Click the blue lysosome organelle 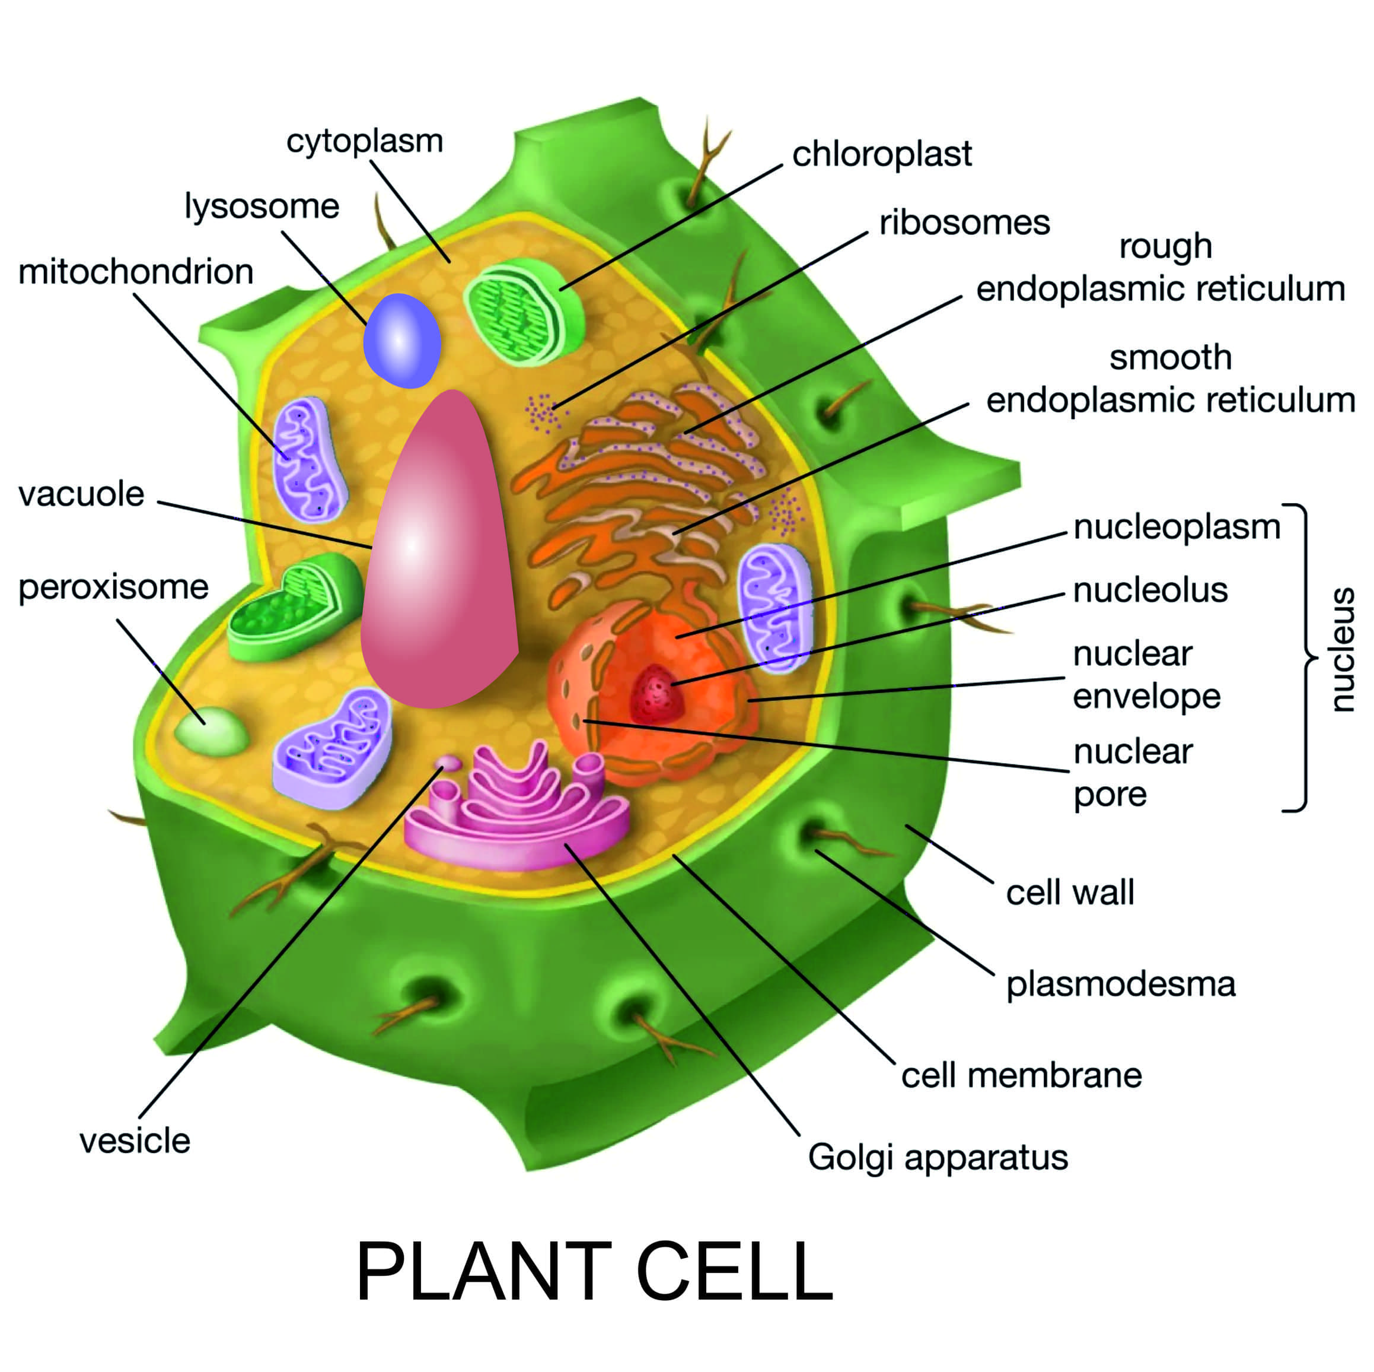pos(402,340)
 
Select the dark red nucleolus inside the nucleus pos(657,693)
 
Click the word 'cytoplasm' pos(364,141)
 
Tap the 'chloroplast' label pos(881,154)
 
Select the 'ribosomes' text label pos(964,223)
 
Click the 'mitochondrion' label pos(136,272)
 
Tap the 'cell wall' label pos(1070,893)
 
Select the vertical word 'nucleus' pos(1341,649)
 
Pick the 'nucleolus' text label pos(1150,590)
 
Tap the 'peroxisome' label pos(114,587)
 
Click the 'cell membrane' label pos(1021,1075)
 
